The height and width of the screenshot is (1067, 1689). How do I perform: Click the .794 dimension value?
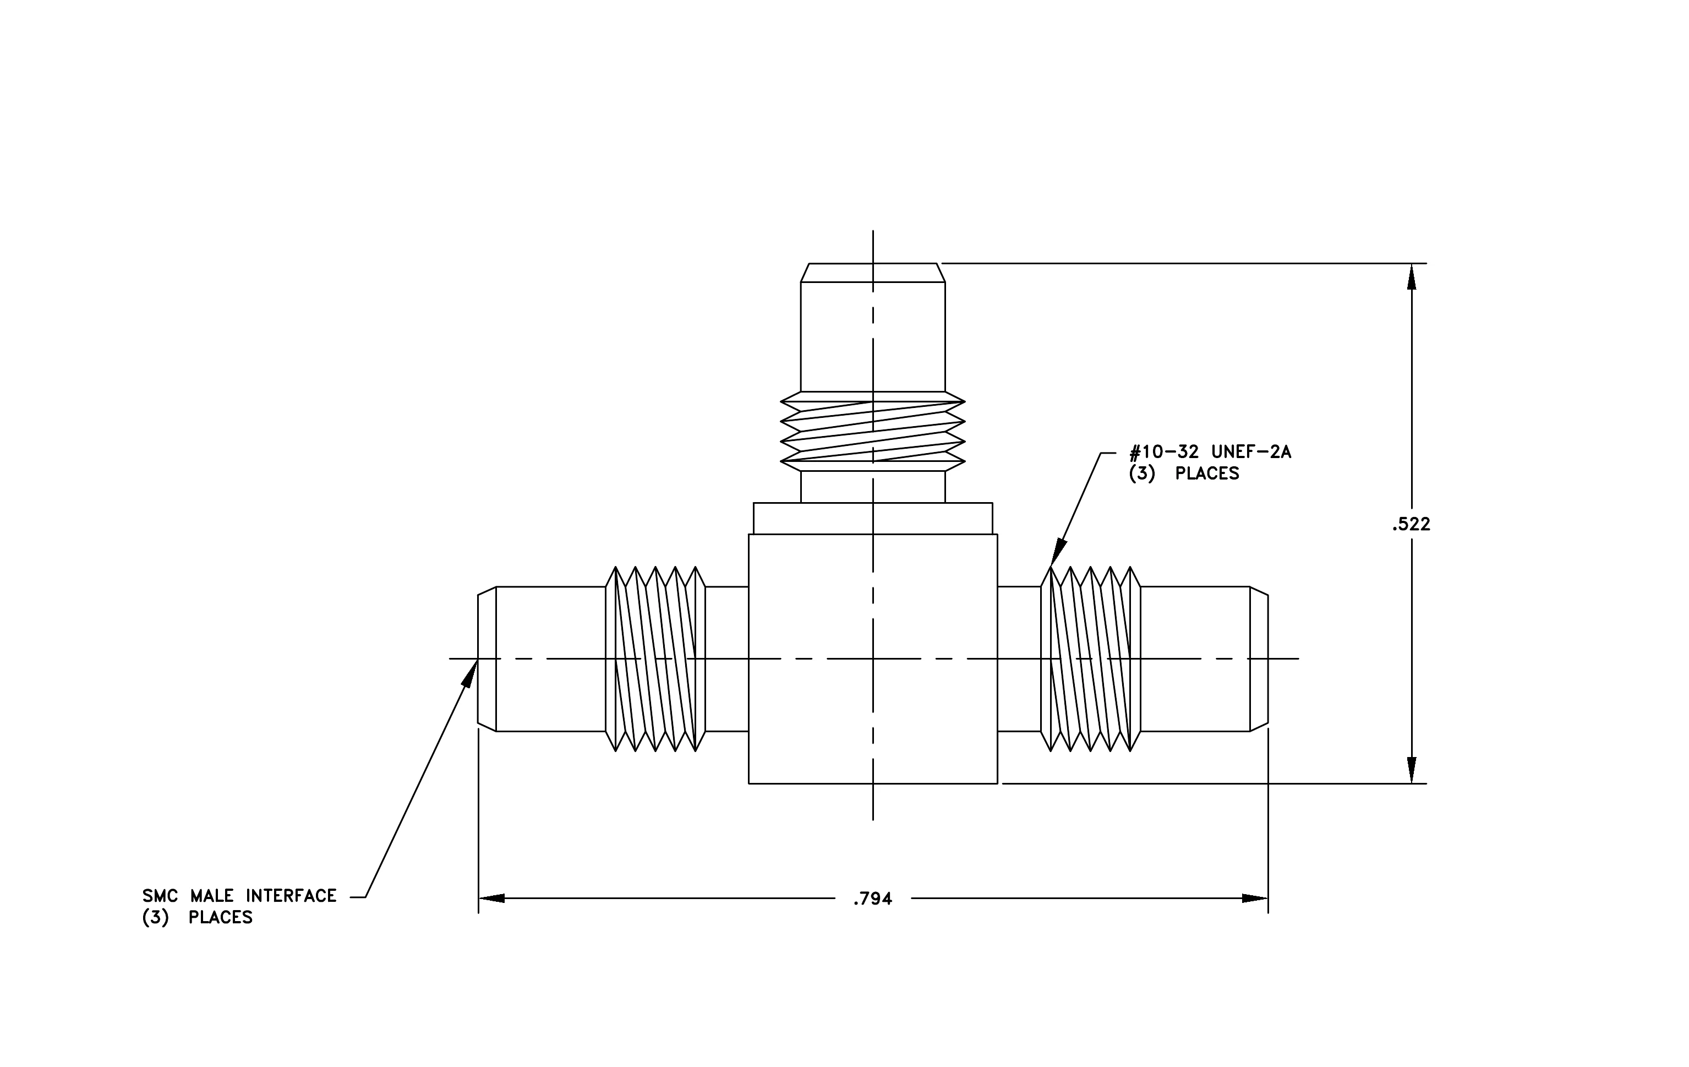(872, 899)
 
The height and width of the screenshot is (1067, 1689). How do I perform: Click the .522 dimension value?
(1411, 524)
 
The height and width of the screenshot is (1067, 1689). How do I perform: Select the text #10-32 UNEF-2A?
(1210, 452)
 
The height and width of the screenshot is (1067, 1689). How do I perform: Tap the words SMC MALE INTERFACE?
(239, 896)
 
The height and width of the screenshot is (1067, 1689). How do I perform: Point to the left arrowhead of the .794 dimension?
(491, 899)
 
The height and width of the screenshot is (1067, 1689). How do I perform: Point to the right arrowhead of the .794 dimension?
(1255, 899)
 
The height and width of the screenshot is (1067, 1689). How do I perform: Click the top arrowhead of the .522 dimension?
(1411, 276)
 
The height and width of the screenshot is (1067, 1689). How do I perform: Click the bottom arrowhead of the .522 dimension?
(1411, 770)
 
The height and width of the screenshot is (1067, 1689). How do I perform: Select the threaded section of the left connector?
(655, 658)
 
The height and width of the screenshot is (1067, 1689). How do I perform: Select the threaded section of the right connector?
(1091, 658)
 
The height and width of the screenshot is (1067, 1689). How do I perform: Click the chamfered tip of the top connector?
(872, 273)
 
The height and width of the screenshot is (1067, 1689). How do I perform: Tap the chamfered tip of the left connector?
(487, 658)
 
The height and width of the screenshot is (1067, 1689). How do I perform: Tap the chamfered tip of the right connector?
(1259, 658)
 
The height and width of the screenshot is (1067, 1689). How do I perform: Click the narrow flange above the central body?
(872, 519)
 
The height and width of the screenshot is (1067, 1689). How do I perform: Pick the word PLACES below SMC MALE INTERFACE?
(220, 918)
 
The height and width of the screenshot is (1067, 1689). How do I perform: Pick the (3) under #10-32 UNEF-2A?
(1141, 473)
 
